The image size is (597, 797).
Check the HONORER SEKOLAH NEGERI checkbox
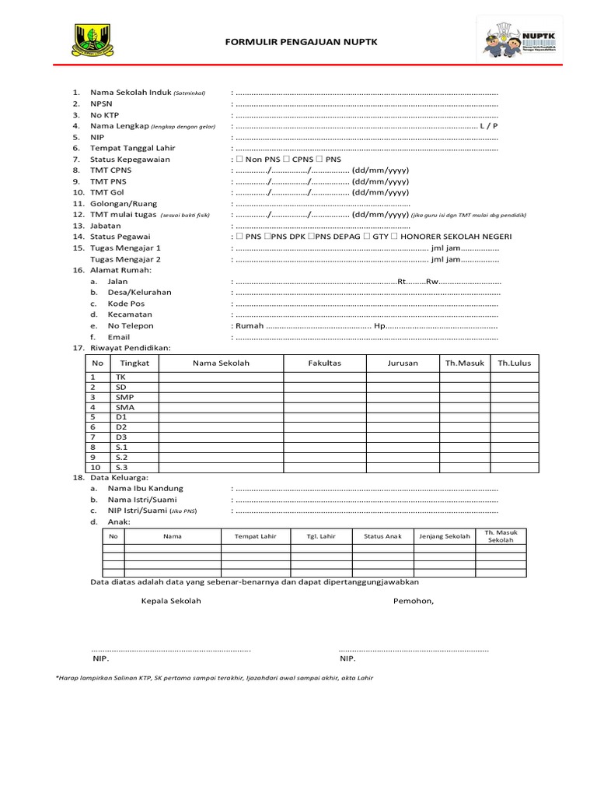(395, 237)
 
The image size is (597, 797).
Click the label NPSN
(101, 103)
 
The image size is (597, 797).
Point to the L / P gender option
(489, 125)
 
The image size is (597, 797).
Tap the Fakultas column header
(324, 363)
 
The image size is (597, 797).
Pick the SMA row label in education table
(124, 407)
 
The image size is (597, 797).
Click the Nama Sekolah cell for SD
(221, 387)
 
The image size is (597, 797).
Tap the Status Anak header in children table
(382, 536)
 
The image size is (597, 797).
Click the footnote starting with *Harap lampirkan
(215, 678)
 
